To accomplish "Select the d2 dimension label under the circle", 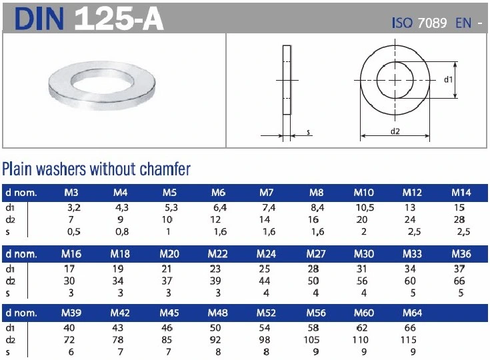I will pyautogui.click(x=395, y=131).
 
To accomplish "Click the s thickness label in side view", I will pyautogui.click(x=309, y=132).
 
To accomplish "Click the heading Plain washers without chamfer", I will pyautogui.click(x=97, y=169).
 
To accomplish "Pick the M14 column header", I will pyautogui.click(x=461, y=193).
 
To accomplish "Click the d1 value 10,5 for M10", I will pyautogui.click(x=364, y=207).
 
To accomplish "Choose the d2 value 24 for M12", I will pyautogui.click(x=412, y=219).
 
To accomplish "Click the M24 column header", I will pyautogui.click(x=267, y=254).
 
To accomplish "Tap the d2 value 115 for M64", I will pyautogui.click(x=412, y=340).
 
